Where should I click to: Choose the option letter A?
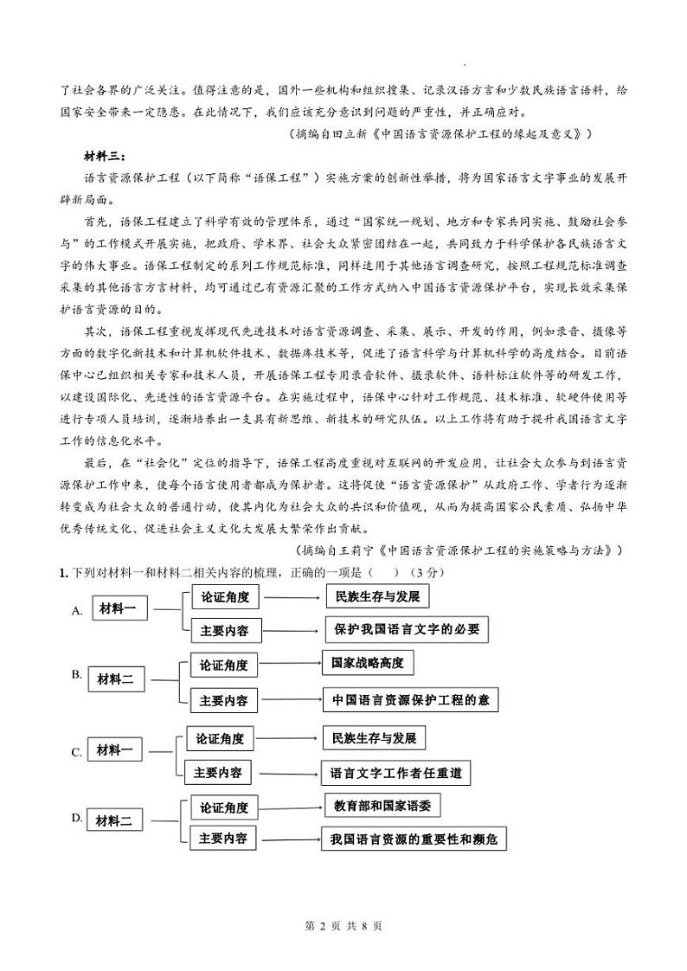[77, 611]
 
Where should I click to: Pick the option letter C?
[77, 752]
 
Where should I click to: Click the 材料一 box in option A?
[119, 608]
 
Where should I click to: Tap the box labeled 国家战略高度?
[367, 663]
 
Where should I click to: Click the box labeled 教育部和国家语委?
[382, 807]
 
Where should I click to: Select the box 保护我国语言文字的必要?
[406, 629]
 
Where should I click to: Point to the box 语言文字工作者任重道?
[395, 773]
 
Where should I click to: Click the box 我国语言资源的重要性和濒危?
[413, 839]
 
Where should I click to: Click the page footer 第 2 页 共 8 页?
[343, 926]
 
